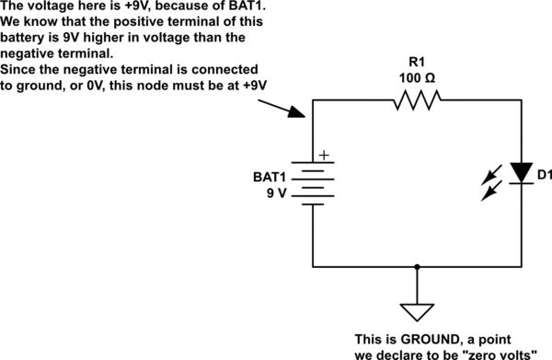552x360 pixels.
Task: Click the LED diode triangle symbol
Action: click(x=523, y=172)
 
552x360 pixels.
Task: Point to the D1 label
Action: click(x=544, y=174)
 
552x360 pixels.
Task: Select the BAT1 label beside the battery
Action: click(x=270, y=176)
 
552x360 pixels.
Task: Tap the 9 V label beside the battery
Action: click(x=276, y=194)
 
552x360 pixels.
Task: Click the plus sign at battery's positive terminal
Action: click(x=323, y=157)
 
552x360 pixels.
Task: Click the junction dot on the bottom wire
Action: click(x=418, y=267)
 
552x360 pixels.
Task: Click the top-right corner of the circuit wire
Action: click(x=523, y=104)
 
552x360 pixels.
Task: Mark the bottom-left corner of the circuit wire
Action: click(x=314, y=267)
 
